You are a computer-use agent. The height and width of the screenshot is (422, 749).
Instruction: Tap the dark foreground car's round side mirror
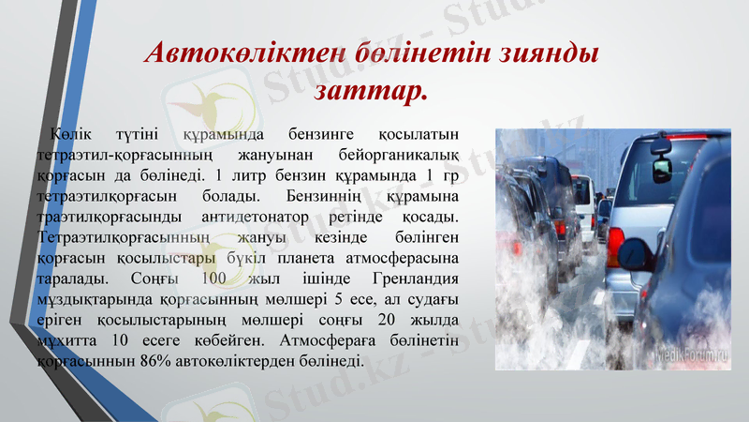662,170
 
